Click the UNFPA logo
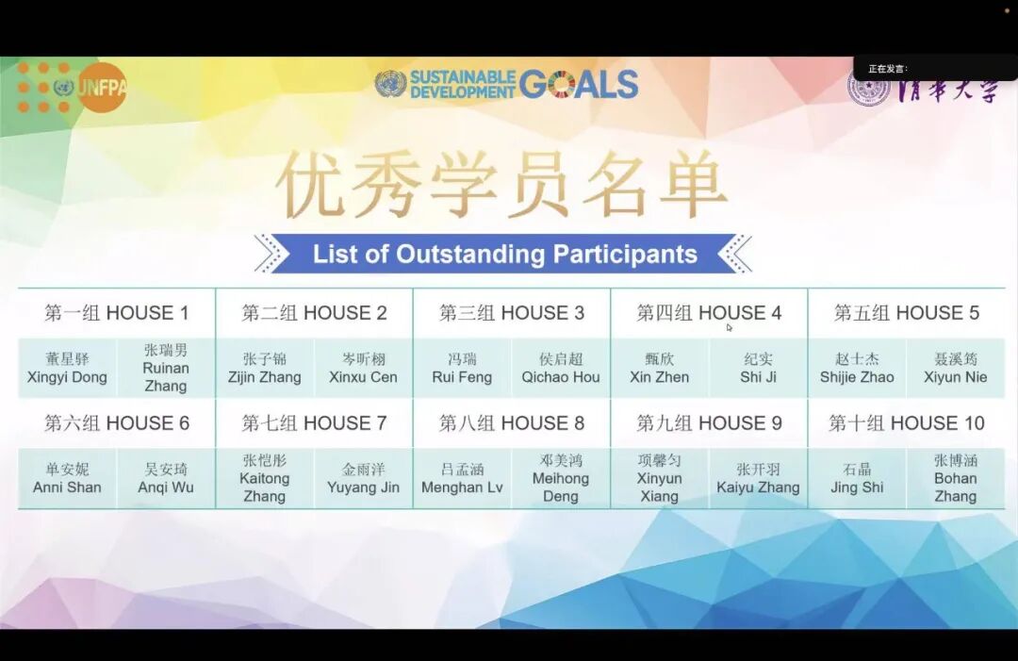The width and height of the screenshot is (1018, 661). (x=72, y=88)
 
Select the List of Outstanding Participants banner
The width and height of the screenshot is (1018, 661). (x=504, y=254)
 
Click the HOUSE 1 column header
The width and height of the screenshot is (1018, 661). (x=117, y=313)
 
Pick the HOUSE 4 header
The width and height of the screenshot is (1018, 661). (x=709, y=313)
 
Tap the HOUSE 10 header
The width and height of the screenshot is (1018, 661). (x=906, y=423)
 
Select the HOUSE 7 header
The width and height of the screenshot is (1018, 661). (x=314, y=423)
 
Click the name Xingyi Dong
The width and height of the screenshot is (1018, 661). (x=68, y=369)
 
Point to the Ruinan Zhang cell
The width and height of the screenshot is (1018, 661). (x=166, y=368)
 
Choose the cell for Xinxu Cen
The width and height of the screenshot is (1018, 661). (x=363, y=369)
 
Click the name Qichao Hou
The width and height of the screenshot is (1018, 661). (x=561, y=369)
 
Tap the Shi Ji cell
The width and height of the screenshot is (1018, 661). (x=758, y=369)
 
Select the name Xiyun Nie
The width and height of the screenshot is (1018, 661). (x=955, y=369)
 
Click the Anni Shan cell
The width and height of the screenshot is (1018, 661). (x=68, y=479)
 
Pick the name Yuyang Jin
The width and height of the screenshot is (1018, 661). (x=363, y=479)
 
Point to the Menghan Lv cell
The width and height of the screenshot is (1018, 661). (x=462, y=479)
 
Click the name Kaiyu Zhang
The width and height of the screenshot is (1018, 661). (x=758, y=479)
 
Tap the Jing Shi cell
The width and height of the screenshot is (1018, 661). (x=857, y=479)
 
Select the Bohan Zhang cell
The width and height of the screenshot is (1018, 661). (x=955, y=478)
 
